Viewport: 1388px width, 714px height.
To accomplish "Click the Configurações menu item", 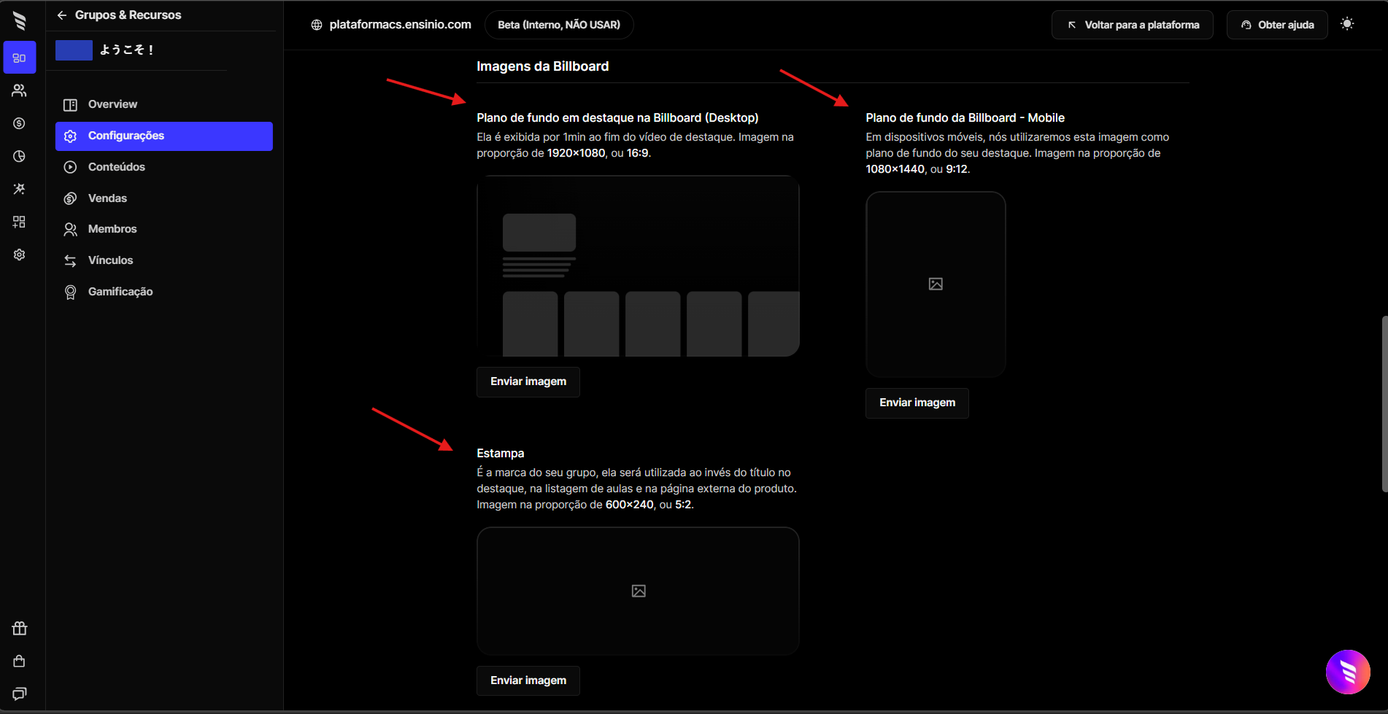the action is [x=163, y=136].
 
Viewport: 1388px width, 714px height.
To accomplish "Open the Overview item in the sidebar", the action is [x=112, y=104].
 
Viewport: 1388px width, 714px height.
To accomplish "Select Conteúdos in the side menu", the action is [x=117, y=167].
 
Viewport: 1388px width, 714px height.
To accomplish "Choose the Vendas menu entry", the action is [x=107, y=198].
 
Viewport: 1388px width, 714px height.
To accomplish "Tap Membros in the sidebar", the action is [x=112, y=229].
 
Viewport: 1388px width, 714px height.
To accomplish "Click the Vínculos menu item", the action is [x=110, y=260].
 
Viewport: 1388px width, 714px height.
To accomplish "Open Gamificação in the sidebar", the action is [x=120, y=292].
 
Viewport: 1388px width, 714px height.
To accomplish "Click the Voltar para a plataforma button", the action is [x=1132, y=25].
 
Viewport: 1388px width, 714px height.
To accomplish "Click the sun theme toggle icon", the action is [x=1347, y=24].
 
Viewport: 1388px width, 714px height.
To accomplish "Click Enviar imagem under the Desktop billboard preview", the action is [x=528, y=381].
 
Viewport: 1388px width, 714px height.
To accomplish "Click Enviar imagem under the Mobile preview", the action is [x=917, y=403].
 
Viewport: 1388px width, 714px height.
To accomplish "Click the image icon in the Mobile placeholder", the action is [x=936, y=284].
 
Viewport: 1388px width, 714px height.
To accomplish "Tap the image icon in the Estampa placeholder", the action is [x=639, y=591].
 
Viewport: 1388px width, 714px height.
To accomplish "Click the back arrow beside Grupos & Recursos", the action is [x=62, y=15].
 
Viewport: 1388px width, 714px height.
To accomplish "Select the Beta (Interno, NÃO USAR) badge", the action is [x=559, y=25].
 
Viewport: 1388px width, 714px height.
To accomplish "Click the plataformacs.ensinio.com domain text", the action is [x=400, y=25].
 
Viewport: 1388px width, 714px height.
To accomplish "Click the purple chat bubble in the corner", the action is [x=1348, y=672].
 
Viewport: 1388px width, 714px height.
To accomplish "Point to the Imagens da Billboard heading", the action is [x=542, y=66].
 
